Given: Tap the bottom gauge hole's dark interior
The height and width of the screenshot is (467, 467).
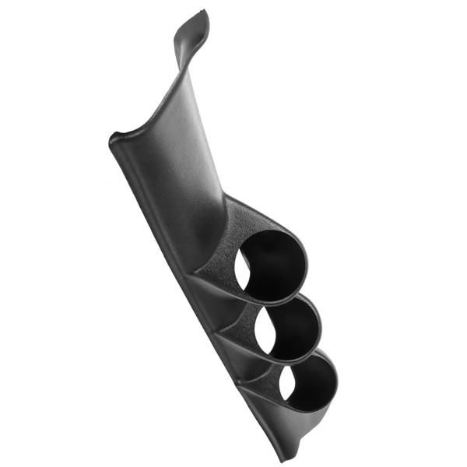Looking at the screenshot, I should (x=311, y=383).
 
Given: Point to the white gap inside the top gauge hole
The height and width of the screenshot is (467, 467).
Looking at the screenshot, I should (x=243, y=269).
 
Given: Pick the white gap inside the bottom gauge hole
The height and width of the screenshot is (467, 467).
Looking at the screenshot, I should (x=286, y=381).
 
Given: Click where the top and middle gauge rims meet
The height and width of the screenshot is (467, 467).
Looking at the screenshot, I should (x=290, y=300).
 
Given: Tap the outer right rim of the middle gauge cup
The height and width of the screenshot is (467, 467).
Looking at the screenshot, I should (x=320, y=327).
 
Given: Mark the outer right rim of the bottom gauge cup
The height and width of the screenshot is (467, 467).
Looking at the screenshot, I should (x=337, y=383).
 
